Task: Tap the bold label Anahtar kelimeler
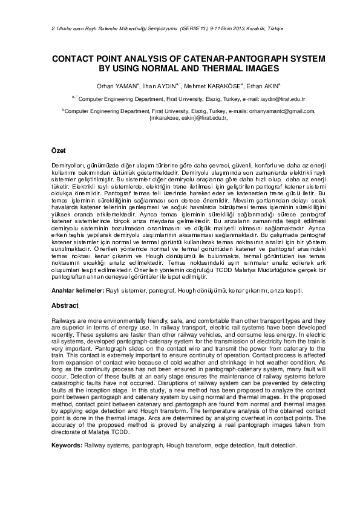[77, 291]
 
